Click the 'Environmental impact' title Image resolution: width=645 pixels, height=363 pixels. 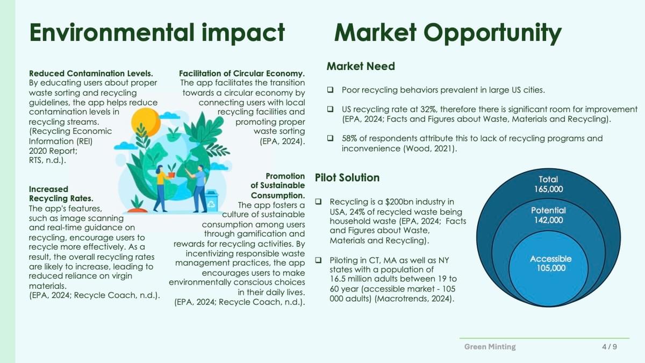click(x=157, y=33)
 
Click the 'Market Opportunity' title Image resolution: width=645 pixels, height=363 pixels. click(x=448, y=33)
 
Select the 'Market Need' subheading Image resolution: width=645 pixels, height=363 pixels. click(x=361, y=66)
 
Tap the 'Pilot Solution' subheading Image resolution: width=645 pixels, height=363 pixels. click(x=347, y=177)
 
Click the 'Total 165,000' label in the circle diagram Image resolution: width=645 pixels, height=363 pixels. click(x=548, y=184)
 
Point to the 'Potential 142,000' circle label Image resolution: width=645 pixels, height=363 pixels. click(x=548, y=215)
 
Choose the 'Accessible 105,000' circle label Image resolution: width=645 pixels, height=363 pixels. click(x=550, y=263)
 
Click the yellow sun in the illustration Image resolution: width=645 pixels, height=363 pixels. click(x=146, y=122)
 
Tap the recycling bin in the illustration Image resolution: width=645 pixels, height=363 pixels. click(x=211, y=201)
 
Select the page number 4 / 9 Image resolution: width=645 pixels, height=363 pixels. click(x=610, y=346)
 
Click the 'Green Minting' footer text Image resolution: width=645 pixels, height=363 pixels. click(x=490, y=346)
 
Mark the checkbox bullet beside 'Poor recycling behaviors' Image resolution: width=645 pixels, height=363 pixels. click(x=330, y=90)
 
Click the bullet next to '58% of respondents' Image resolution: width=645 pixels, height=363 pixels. click(x=330, y=138)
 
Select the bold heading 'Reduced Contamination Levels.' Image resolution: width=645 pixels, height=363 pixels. click(x=91, y=74)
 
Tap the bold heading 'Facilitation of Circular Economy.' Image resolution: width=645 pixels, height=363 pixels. click(x=242, y=74)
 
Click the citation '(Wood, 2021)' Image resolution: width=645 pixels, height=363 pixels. click(x=429, y=148)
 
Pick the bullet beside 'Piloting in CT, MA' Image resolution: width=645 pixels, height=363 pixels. click(x=318, y=260)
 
